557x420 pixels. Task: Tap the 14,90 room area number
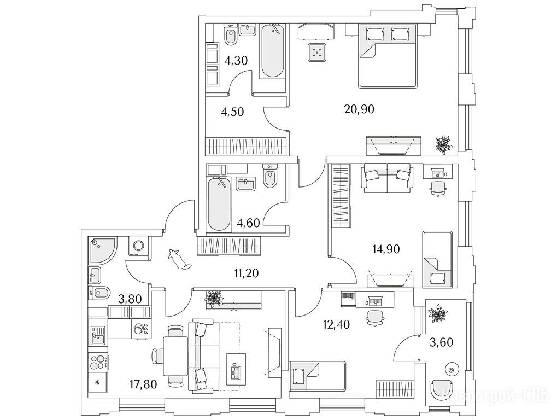coord(386,250)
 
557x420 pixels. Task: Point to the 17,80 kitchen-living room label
coord(142,384)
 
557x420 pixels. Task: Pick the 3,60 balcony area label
coord(441,342)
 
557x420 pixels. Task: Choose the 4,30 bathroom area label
coord(236,60)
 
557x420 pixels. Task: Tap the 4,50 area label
coord(232,112)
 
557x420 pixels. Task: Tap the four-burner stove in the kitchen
coord(99,363)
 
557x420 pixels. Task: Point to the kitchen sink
coord(99,332)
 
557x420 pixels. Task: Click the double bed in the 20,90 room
coord(389,56)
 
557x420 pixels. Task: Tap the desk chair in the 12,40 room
coord(374,317)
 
